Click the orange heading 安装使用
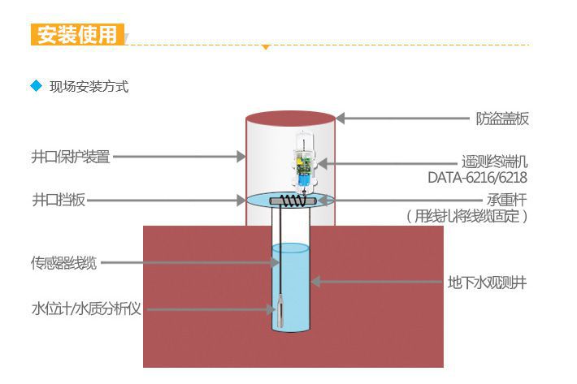coord(78,36)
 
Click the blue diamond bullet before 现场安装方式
coord(35,86)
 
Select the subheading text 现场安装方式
coord(89,87)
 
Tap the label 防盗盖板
coord(501,119)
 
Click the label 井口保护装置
coord(71,157)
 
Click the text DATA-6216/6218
coord(478,177)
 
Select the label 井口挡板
coord(58,200)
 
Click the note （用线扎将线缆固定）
coord(466,216)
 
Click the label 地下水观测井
coord(487,283)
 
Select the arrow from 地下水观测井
coord(377,282)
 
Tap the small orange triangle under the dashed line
coord(265,47)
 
